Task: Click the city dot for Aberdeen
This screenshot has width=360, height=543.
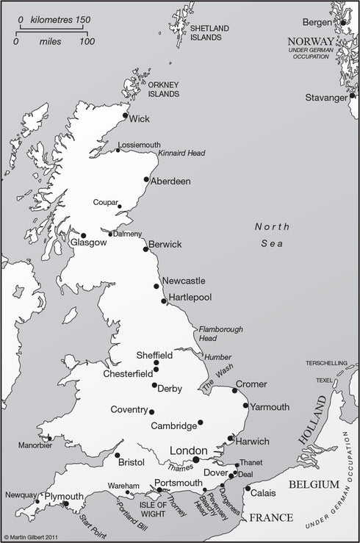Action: tap(147, 179)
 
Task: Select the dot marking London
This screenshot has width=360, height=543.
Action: tap(196, 459)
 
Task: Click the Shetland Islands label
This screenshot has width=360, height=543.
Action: tap(210, 32)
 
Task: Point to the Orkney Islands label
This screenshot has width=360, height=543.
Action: tap(164, 90)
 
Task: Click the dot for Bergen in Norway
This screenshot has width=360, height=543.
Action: tap(343, 23)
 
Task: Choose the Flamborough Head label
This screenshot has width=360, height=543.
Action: tap(221, 334)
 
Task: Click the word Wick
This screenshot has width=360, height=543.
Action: tap(140, 118)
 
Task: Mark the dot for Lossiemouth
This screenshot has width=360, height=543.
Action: tap(118, 150)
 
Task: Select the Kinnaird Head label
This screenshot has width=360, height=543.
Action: tap(181, 153)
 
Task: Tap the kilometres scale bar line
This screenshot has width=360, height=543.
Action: tap(54, 29)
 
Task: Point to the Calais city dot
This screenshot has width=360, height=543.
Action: tap(248, 489)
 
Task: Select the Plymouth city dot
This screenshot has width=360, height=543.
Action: tap(65, 503)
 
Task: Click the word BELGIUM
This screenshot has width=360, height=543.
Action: tap(314, 485)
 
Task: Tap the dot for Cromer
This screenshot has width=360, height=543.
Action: tap(235, 390)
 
